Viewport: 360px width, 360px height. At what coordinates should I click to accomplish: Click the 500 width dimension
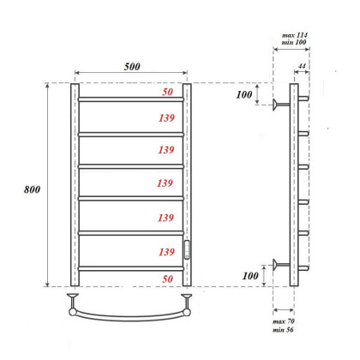131,63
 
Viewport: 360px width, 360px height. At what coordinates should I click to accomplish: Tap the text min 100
295,43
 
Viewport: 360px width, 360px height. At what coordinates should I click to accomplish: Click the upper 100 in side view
246,93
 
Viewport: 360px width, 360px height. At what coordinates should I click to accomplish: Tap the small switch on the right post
189,250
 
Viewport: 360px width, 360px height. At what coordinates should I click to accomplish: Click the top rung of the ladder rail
131,99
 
